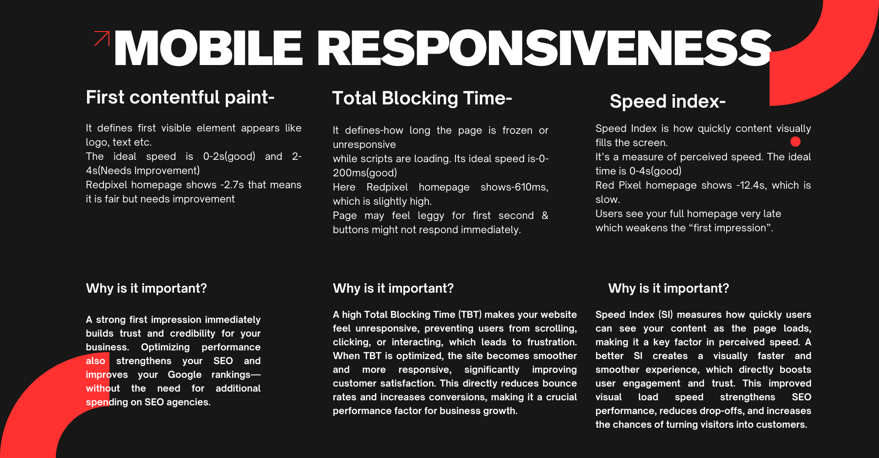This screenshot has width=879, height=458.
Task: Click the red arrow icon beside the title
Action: (102, 38)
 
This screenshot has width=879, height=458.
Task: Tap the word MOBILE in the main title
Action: (208, 48)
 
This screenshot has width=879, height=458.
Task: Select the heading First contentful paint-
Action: (180, 98)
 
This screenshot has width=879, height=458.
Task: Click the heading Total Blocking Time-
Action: (422, 98)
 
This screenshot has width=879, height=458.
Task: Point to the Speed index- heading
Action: (667, 102)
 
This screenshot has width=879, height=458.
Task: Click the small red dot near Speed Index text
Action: (795, 142)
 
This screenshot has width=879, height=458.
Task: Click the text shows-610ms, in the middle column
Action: (514, 187)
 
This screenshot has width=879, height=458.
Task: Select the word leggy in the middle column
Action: (430, 216)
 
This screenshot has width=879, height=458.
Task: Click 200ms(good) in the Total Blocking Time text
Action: (365, 173)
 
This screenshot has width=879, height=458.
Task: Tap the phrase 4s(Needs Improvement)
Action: (143, 171)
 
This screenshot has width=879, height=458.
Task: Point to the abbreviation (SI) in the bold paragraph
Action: (665, 315)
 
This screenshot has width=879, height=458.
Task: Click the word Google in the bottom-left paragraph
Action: (184, 375)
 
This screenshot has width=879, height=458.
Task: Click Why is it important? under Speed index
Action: (668, 289)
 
